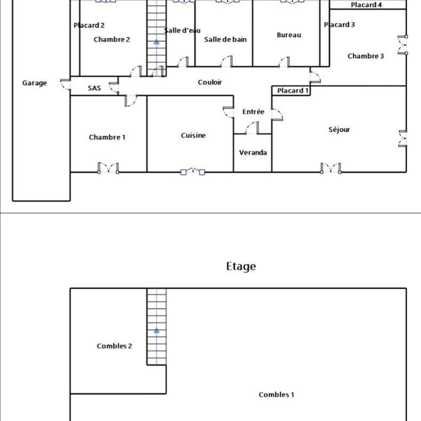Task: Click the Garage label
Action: (x=35, y=83)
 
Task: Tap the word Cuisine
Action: (x=193, y=135)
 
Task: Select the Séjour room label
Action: (x=339, y=130)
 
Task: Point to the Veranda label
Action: (x=253, y=153)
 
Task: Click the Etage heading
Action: (x=241, y=266)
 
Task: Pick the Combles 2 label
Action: (x=115, y=346)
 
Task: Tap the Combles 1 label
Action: (x=276, y=395)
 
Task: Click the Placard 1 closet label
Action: (x=293, y=91)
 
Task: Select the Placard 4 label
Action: (x=366, y=5)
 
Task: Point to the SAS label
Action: (x=94, y=88)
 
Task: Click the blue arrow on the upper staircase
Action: (x=157, y=42)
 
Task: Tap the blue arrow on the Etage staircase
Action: (x=157, y=330)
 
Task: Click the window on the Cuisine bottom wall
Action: (x=192, y=172)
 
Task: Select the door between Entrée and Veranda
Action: (x=252, y=128)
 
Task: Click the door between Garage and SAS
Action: (x=66, y=85)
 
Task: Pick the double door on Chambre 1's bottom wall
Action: (x=108, y=168)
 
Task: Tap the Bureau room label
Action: (x=289, y=35)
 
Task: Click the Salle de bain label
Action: (x=225, y=40)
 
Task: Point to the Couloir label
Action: (x=210, y=83)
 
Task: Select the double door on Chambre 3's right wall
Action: (x=403, y=45)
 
